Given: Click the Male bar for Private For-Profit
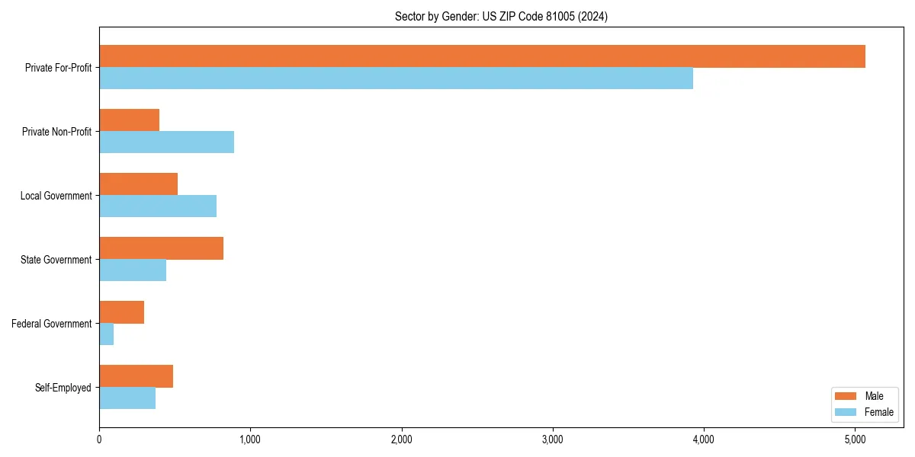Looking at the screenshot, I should click(482, 56).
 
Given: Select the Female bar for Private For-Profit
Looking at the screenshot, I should click(396, 78).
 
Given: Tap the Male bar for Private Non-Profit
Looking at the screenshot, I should click(129, 120).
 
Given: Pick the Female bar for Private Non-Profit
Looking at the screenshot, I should click(166, 142).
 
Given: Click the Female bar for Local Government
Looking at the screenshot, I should click(158, 206).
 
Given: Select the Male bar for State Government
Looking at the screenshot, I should click(161, 248).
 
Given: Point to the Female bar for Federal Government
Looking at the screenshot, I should click(107, 334).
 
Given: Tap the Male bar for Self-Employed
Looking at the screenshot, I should click(136, 376).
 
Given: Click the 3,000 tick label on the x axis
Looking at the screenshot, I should click(552, 439).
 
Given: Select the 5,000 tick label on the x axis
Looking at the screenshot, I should click(855, 439).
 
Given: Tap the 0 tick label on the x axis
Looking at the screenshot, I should click(99, 439).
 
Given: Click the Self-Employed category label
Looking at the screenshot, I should click(63, 388).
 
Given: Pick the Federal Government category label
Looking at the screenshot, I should click(52, 324).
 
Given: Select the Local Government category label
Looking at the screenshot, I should click(56, 196).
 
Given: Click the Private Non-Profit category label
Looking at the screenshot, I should click(56, 132).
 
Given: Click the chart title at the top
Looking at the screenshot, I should click(501, 16).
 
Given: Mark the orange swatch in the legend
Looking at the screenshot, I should click(846, 396).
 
